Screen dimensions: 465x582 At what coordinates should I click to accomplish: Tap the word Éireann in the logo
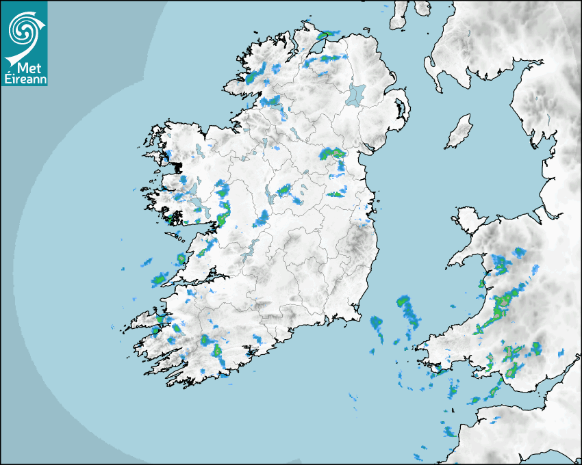click(24, 78)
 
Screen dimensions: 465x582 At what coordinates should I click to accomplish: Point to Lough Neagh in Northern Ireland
click(356, 94)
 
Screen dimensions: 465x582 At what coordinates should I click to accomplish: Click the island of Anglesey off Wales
click(466, 218)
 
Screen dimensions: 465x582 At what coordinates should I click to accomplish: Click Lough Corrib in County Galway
click(199, 204)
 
